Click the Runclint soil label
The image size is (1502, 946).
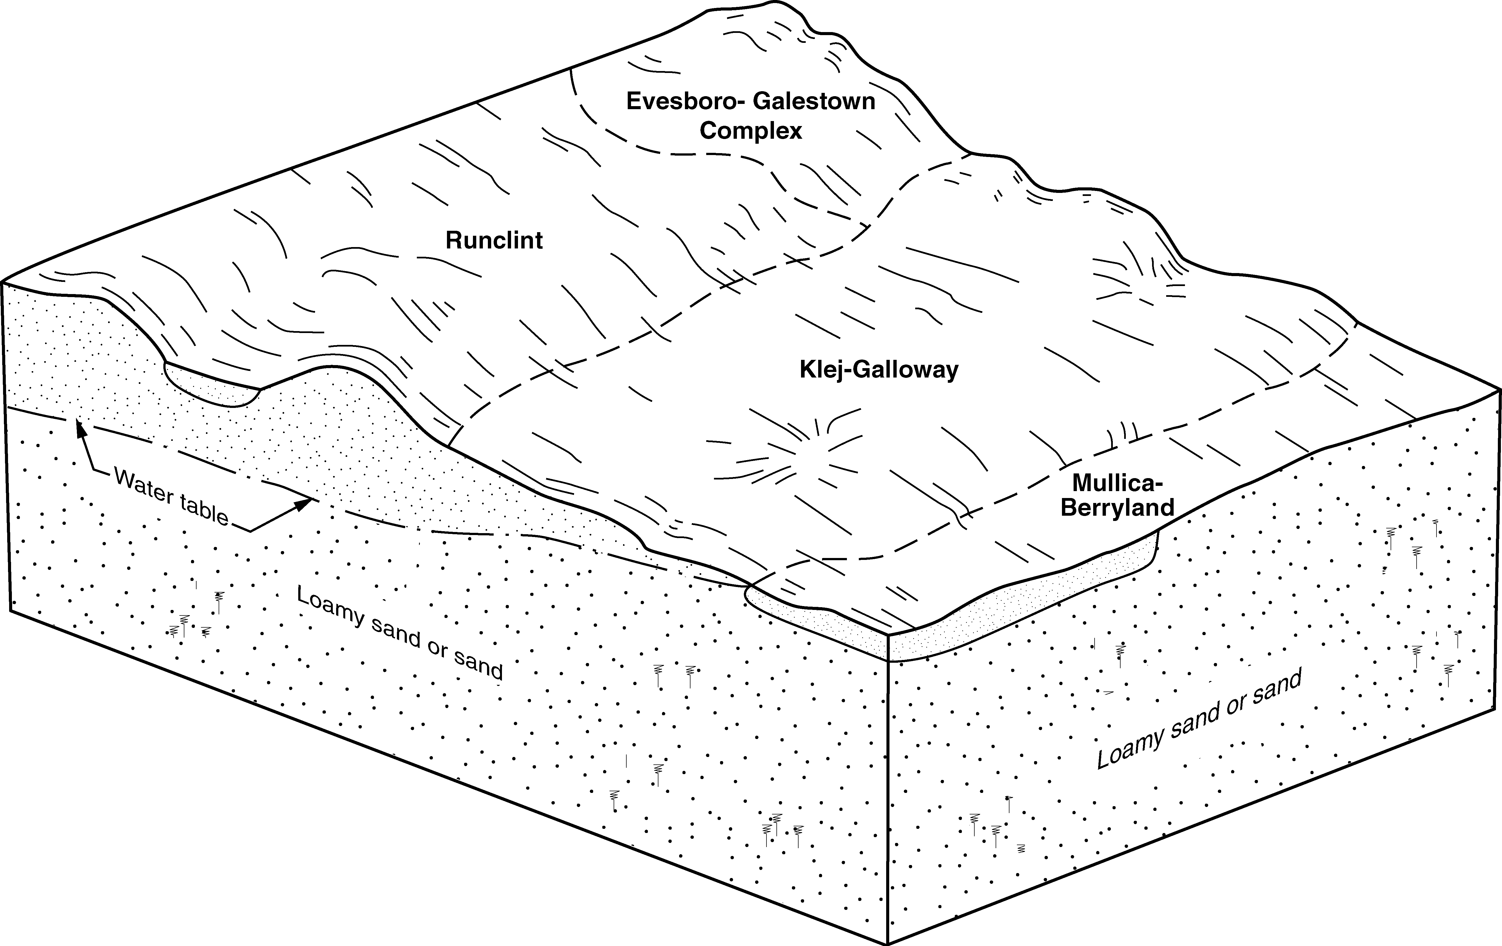pos(494,240)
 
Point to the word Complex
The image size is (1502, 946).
pos(750,131)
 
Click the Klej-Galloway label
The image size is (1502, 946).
pos(878,370)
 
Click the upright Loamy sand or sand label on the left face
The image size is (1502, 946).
pos(399,633)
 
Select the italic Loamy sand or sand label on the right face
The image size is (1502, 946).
pos(1199,719)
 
